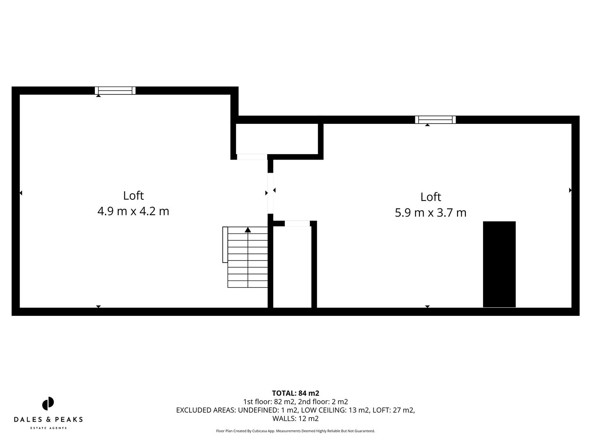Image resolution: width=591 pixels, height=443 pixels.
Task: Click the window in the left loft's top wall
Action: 115,91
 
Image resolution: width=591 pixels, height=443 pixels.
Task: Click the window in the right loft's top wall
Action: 435,120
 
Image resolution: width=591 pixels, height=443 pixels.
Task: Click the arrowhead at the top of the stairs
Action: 248,230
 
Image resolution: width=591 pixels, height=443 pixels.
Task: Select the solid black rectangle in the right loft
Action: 499,264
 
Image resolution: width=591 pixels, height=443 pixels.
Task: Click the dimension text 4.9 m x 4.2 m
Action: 133,211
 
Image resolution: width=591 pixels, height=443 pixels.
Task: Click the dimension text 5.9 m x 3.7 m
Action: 431,213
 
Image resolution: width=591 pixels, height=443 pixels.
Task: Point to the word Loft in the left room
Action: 133,196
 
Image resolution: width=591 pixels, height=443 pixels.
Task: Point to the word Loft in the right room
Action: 431,197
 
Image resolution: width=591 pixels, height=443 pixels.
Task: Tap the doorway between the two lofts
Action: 270,193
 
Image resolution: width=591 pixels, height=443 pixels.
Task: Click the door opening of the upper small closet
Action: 252,157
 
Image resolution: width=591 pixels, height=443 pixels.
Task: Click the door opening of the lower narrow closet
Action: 297,224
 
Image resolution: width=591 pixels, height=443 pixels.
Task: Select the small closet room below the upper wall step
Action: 277,139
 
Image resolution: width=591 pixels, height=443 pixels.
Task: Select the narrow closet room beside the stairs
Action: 292,267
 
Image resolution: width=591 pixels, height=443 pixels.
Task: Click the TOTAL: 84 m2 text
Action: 295,393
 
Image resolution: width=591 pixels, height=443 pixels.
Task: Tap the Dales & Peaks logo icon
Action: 48,404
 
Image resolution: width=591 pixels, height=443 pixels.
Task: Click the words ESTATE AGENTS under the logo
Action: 48,428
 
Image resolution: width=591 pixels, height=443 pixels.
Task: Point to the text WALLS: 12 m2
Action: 295,419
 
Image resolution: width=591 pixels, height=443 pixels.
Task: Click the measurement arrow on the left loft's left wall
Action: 21,193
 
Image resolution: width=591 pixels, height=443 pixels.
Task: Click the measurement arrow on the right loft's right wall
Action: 570,190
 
